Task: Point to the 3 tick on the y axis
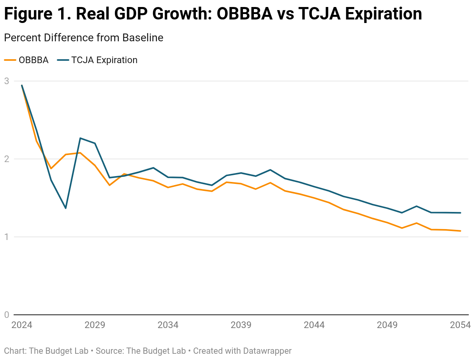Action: coord(7,81)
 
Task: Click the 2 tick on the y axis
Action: coord(7,159)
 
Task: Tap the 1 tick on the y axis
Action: coord(7,237)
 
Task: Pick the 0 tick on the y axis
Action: coord(7,315)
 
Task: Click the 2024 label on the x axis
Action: coord(22,325)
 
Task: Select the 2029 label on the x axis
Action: coord(95,325)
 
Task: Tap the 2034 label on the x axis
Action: coord(168,325)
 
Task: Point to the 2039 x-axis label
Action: coord(241,325)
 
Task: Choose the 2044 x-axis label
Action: coord(314,325)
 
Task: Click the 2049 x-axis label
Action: coord(387,325)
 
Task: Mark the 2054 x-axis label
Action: coord(460,325)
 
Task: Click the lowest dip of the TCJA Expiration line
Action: coord(65,208)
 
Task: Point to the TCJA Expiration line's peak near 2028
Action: coord(80,138)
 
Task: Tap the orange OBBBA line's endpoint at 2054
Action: coord(460,231)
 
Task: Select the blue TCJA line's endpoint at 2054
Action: coord(460,213)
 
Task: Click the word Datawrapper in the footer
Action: coord(267,351)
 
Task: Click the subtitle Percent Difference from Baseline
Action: coord(83,38)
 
